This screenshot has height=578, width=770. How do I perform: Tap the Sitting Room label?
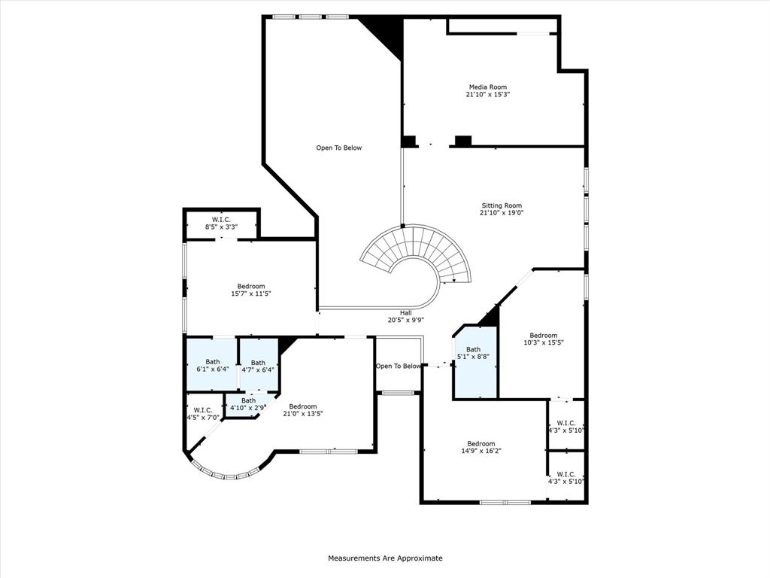click(502, 205)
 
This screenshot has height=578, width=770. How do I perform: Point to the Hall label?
click(405, 312)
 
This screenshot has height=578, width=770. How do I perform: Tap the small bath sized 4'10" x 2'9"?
click(248, 405)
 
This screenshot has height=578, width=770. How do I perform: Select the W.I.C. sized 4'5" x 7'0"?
click(202, 414)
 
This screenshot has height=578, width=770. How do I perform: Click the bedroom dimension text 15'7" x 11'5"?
click(250, 294)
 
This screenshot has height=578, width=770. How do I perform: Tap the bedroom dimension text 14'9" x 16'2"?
click(481, 451)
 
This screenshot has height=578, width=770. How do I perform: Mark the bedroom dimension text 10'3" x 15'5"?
click(543, 342)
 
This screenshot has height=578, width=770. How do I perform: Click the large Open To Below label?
click(338, 148)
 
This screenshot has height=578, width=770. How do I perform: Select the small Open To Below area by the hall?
click(398, 367)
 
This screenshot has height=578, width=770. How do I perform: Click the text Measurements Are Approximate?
click(385, 558)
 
